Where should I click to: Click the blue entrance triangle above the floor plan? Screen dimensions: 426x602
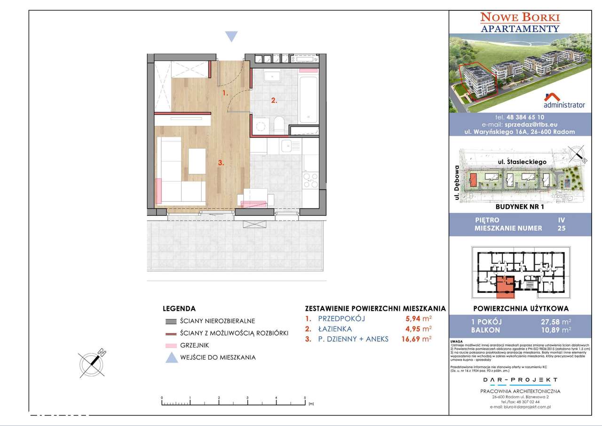pos(231,37)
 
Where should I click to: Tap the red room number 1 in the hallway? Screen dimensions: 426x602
pos(225,93)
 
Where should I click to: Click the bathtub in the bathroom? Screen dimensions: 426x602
pos(308,98)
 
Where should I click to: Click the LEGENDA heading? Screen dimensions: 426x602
pos(179,309)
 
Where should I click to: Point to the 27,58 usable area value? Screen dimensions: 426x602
pos(553,322)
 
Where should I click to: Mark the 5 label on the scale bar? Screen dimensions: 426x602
pos(305,398)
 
